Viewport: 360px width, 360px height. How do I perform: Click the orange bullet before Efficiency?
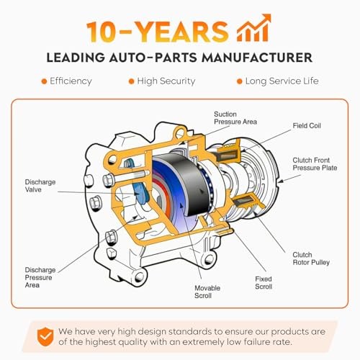click(44, 81)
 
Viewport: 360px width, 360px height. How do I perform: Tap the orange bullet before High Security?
click(131, 81)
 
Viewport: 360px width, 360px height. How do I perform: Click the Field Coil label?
click(307, 125)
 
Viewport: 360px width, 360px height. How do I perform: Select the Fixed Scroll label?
click(264, 282)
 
